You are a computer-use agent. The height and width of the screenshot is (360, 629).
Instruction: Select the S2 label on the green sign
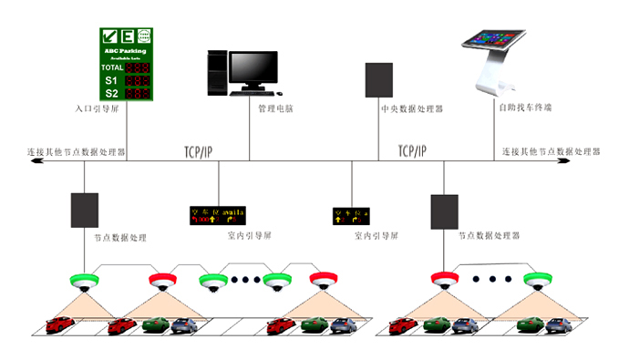tap(111, 92)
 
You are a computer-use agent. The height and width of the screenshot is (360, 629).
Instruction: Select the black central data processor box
tap(378, 80)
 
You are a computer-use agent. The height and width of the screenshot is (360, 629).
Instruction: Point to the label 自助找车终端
tap(525, 108)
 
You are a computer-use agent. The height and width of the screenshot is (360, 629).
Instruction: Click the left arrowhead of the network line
tap(33, 160)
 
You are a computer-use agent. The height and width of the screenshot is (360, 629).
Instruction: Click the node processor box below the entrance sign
tap(84, 211)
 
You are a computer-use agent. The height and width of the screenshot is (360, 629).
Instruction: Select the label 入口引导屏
tap(98, 108)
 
